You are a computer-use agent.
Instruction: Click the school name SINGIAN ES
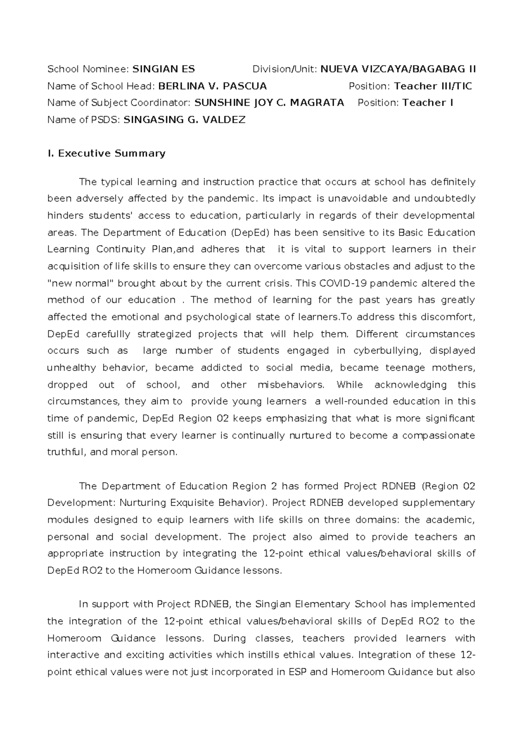[164, 69]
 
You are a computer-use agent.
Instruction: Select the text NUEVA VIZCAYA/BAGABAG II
[398, 69]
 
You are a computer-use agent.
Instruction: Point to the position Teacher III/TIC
[433, 86]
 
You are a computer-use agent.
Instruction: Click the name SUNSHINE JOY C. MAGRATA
[269, 103]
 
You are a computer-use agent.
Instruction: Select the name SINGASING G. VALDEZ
[185, 120]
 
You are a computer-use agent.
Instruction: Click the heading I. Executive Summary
[106, 153]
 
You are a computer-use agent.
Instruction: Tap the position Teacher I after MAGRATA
[427, 103]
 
